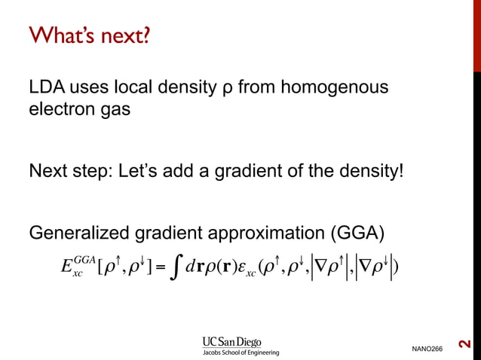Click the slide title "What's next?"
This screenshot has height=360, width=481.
click(87, 35)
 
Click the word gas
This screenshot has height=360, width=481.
click(118, 111)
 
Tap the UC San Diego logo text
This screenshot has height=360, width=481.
click(240, 339)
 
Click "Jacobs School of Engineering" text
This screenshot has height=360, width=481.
click(240, 352)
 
